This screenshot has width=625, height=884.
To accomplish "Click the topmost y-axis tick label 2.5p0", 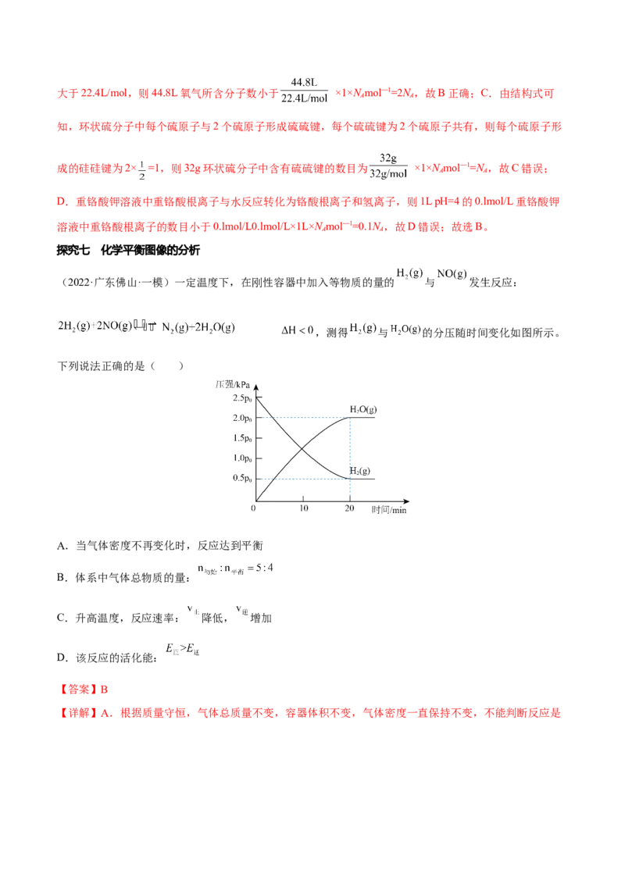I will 241,401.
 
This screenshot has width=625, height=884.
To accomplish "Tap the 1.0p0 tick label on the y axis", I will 241,458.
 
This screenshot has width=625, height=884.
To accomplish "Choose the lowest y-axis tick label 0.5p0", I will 241,477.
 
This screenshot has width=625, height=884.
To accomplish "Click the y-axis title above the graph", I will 234,384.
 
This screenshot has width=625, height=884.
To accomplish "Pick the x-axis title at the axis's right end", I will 389,512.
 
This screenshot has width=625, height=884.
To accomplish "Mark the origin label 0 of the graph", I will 252,508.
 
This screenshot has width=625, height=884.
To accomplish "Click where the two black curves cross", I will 302,447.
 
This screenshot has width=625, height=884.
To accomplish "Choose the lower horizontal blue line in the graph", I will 305,477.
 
